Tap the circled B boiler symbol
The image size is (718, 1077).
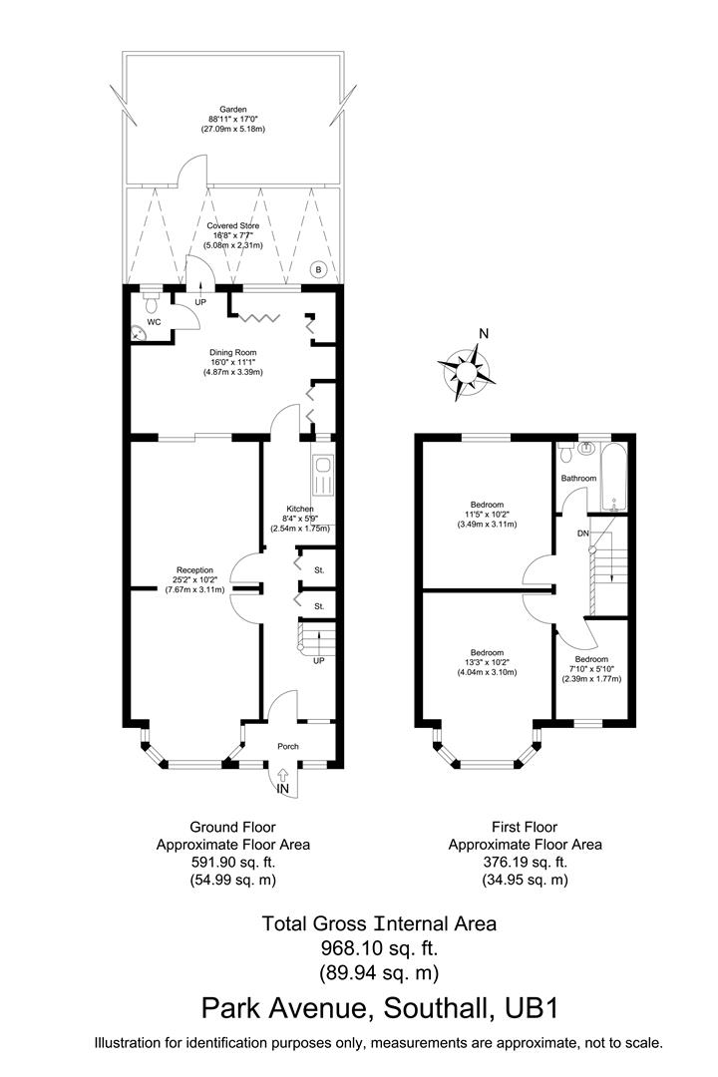click(x=318, y=269)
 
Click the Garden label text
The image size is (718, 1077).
click(x=233, y=111)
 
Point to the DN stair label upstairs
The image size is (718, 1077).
click(x=582, y=535)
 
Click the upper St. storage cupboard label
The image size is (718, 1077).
click(x=319, y=570)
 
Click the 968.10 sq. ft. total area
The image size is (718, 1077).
click(x=378, y=947)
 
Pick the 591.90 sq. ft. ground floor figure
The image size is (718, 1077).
click(x=232, y=862)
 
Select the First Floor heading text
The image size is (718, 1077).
click(x=525, y=827)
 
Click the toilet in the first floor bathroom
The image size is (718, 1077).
click(x=566, y=453)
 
